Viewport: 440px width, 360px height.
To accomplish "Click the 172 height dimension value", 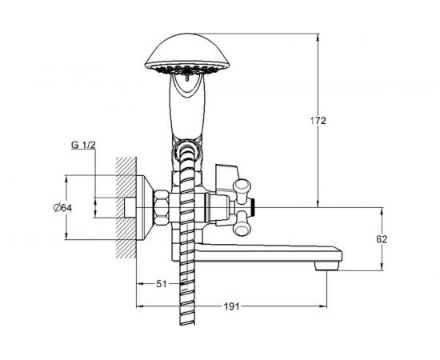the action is click(x=318, y=121).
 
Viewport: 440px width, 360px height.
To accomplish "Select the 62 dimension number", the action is click(x=382, y=239).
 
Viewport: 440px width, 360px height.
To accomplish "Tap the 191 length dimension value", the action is click(x=231, y=306).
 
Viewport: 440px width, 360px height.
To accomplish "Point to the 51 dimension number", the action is click(x=162, y=284).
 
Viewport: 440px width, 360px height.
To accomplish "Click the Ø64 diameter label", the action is click(x=62, y=208).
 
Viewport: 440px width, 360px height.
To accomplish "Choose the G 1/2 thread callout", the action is click(x=83, y=145).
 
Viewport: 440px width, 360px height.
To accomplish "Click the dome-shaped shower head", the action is click(x=187, y=54).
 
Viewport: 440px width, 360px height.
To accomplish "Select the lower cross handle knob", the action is click(x=242, y=223).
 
